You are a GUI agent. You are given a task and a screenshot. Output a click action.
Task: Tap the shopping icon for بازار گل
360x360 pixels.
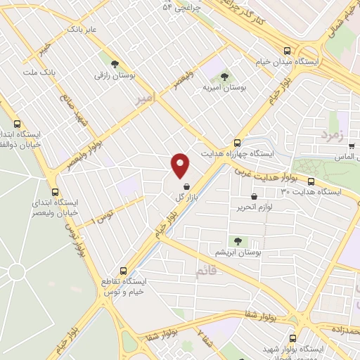tap(186, 188)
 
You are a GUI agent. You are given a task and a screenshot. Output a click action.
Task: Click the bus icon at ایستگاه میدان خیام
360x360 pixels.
tap(286, 51)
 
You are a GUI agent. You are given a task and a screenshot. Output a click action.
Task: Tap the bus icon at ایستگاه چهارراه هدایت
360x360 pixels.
tap(237, 141)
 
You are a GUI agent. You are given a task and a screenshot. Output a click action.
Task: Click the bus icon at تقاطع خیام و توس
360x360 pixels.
tap(124, 269)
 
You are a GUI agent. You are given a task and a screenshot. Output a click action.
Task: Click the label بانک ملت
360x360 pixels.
tap(39, 72)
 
